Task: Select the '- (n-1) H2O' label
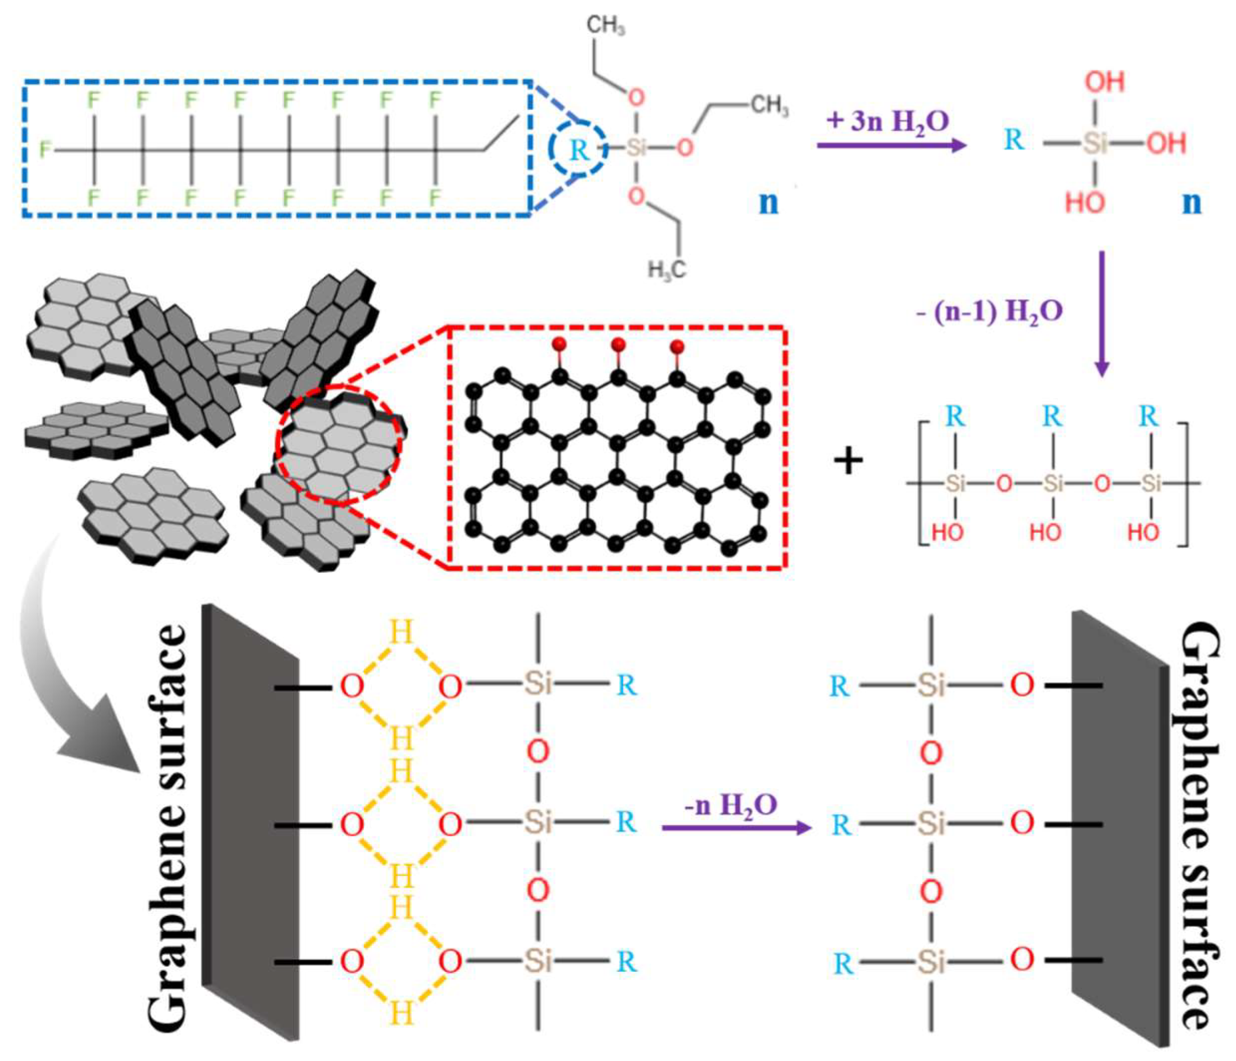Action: click(x=990, y=312)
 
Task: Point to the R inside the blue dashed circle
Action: click(x=578, y=150)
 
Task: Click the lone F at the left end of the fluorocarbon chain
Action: click(x=45, y=149)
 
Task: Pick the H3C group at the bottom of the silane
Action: click(x=667, y=270)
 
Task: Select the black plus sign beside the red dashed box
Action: click(x=848, y=462)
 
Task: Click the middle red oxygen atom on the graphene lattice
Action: click(x=618, y=344)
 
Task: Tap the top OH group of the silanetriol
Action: click(x=1104, y=82)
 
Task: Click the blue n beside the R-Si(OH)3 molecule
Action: click(x=1191, y=202)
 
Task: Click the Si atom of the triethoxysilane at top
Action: click(x=636, y=147)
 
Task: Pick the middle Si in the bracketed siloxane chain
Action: click(x=1053, y=483)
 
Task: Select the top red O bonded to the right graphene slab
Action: click(x=1022, y=685)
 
